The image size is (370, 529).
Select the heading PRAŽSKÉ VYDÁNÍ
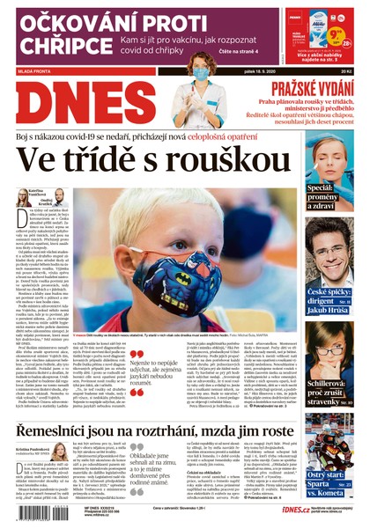coord(307,88)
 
